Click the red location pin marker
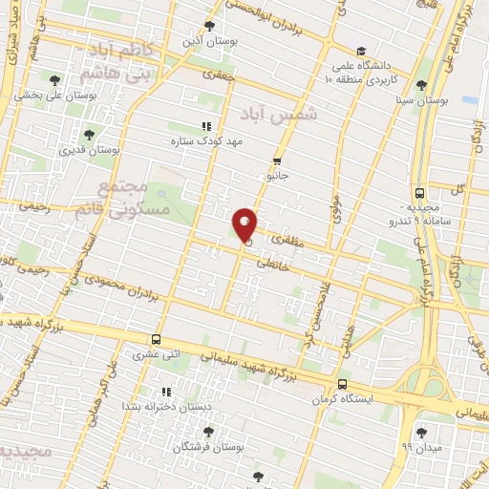coord(245,224)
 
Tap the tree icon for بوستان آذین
coord(209,27)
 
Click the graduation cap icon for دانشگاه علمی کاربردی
coord(361,52)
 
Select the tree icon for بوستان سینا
coord(422,85)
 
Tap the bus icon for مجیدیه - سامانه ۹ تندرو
coord(421,191)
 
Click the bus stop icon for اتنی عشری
coord(156,340)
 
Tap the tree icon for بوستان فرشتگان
coord(207,432)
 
